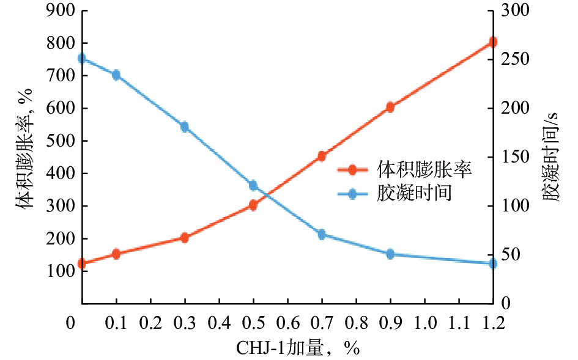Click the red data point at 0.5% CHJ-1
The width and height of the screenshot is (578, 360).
[x=253, y=205]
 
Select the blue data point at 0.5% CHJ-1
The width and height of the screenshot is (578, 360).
[x=253, y=186]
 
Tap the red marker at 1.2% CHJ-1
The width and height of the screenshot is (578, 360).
[x=493, y=42]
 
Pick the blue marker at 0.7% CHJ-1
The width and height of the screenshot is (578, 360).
[x=322, y=235]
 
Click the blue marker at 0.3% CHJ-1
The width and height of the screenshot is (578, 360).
[x=185, y=127]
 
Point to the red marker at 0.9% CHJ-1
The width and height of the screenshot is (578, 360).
[x=390, y=108]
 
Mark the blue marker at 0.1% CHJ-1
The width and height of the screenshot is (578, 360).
[x=116, y=75]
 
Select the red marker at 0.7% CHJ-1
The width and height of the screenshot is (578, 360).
[x=322, y=156]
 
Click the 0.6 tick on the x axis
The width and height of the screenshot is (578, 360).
[x=287, y=322]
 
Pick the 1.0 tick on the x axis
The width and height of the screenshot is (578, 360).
[x=424, y=322]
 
